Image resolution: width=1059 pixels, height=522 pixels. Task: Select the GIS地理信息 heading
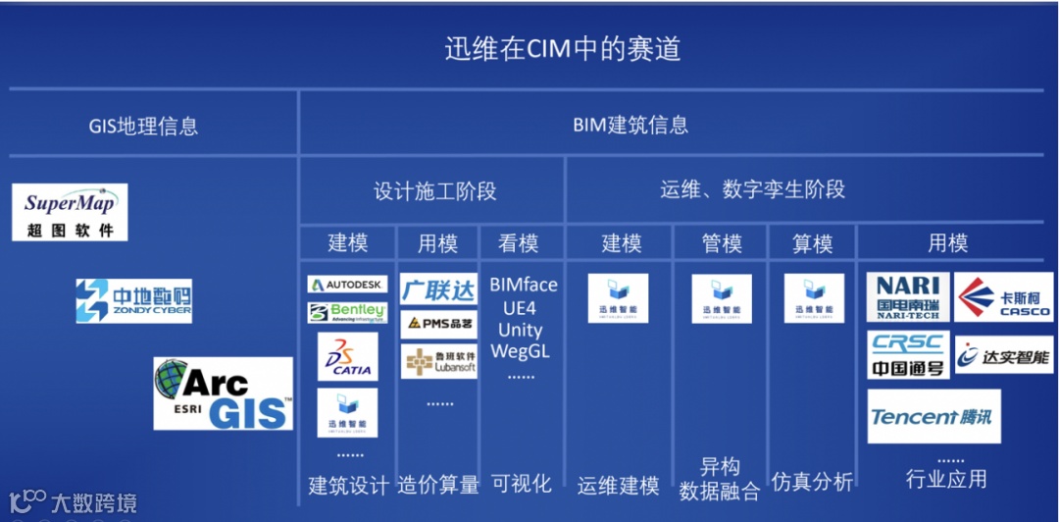coord(143,126)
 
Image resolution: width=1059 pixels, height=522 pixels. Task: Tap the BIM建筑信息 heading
coord(630,126)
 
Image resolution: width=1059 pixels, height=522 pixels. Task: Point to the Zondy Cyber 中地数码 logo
coord(134,300)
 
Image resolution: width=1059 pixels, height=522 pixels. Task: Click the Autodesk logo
coord(347,285)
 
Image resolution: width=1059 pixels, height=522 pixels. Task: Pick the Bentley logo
coord(347,313)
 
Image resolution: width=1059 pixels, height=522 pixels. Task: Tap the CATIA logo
coord(347,358)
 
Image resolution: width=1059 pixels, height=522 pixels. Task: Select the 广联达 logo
coord(438,289)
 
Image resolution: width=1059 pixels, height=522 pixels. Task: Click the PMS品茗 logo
coord(438,324)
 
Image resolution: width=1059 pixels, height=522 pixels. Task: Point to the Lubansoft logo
coord(438,361)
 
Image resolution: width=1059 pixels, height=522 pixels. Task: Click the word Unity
coord(520,329)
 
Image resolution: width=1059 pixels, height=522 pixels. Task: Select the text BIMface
coord(524,286)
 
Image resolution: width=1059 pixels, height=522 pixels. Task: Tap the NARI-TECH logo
coord(908,297)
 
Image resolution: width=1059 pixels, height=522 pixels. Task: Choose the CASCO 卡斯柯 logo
coord(1003,297)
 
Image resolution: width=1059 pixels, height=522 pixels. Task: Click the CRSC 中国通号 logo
coord(908,354)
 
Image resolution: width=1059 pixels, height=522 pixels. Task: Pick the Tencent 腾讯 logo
coord(931,416)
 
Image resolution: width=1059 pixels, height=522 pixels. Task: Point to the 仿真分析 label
coord(812,482)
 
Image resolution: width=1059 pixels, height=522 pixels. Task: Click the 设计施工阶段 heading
coord(435,190)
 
